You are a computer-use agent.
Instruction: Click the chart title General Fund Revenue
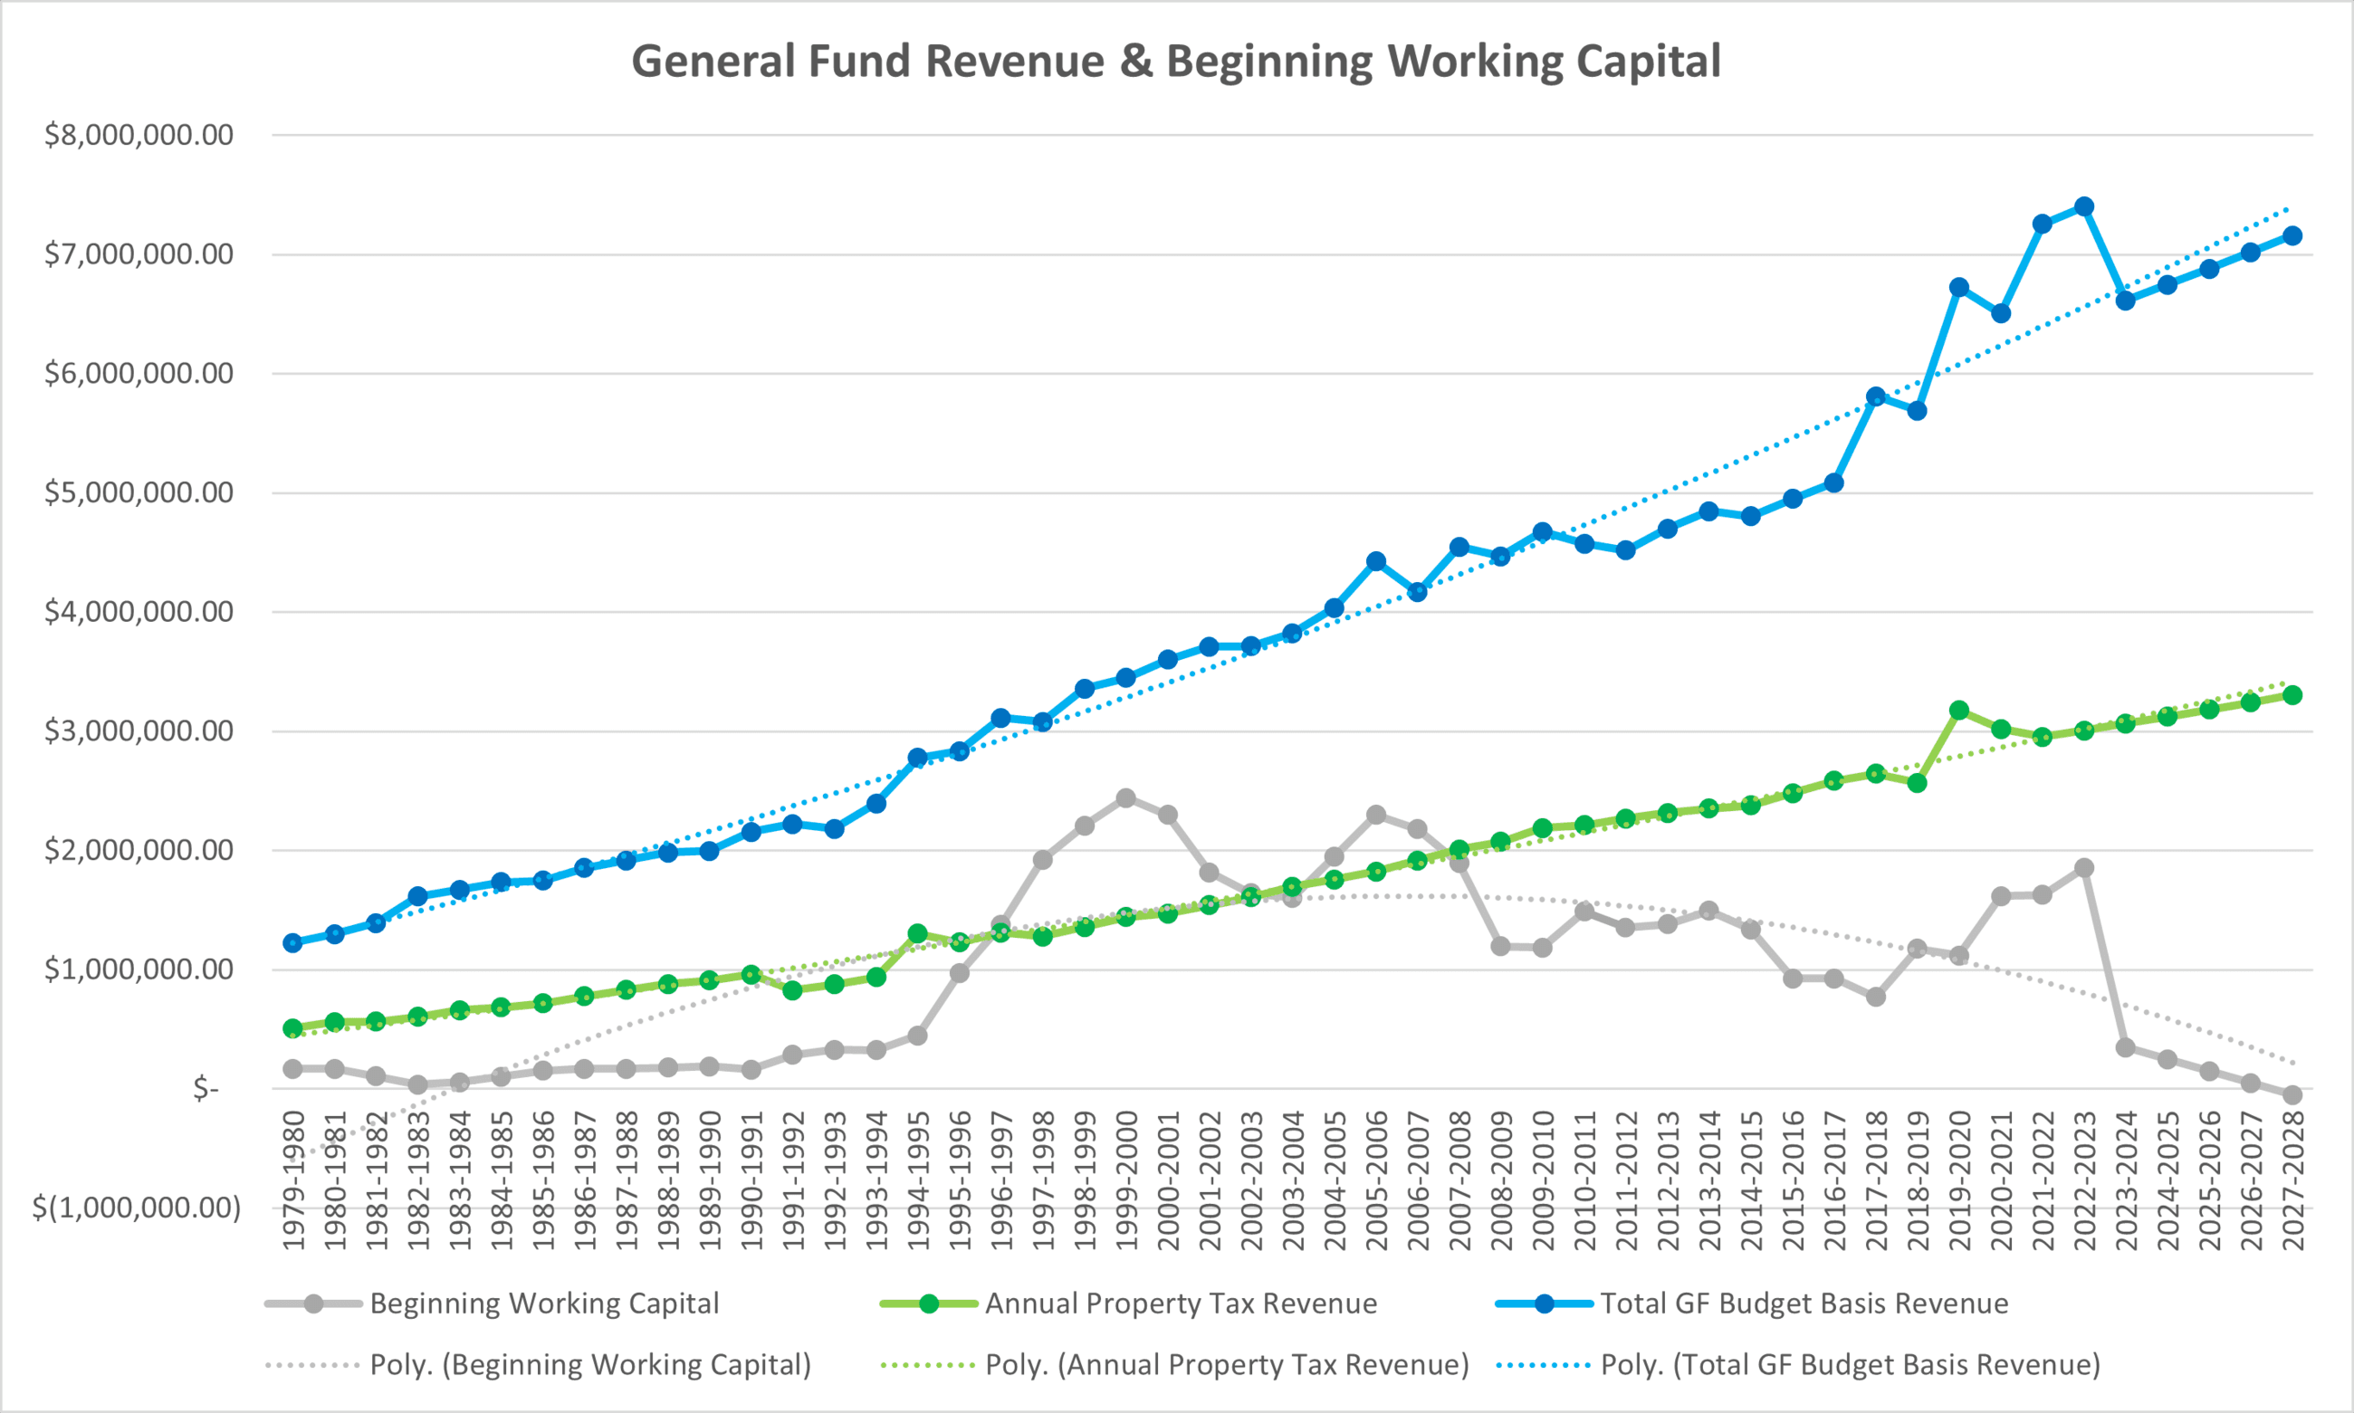[x=1175, y=61]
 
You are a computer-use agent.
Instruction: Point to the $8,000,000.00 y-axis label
[x=139, y=135]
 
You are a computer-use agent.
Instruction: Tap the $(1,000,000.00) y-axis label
[x=136, y=1208]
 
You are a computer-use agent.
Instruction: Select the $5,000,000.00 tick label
[x=139, y=492]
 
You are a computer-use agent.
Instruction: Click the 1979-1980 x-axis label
[x=293, y=1179]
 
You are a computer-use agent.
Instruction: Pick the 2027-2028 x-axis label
[x=2293, y=1179]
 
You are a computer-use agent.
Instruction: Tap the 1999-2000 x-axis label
[x=1126, y=1179]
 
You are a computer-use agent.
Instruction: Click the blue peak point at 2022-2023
[x=2083, y=206]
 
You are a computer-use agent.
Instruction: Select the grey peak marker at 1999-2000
[x=1125, y=797]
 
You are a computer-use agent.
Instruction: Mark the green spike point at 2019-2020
[x=1959, y=711]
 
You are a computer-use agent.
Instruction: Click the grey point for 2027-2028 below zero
[x=2292, y=1095]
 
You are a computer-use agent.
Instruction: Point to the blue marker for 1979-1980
[x=293, y=942]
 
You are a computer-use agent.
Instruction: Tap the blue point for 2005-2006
[x=1376, y=562]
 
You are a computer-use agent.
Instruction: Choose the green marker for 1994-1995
[x=918, y=933]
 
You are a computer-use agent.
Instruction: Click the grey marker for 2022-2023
[x=2083, y=867]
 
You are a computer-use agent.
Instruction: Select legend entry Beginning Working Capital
[x=544, y=1303]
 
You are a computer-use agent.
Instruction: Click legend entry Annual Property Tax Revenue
[x=1181, y=1303]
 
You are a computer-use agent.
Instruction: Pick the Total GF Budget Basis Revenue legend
[x=1804, y=1303]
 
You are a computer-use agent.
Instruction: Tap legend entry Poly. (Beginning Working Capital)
[x=590, y=1364]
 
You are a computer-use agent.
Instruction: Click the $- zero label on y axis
[x=206, y=1087]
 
